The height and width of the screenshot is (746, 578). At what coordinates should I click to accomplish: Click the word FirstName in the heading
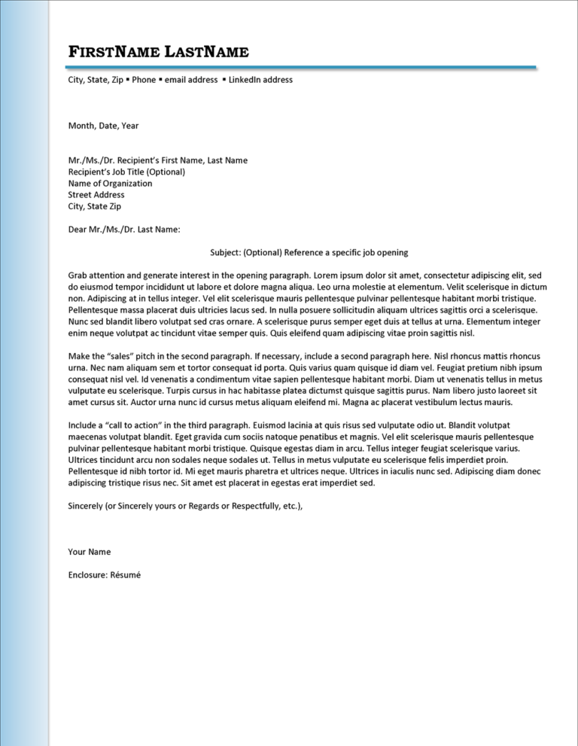point(114,52)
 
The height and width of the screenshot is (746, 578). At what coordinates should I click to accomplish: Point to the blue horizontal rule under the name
point(301,67)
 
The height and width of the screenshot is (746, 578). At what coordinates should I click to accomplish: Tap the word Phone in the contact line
point(144,80)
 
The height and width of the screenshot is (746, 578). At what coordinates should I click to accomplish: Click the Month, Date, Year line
point(103,126)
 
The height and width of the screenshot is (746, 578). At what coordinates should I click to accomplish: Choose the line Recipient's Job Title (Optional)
point(126,172)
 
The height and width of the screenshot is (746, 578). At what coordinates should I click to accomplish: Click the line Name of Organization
point(110,183)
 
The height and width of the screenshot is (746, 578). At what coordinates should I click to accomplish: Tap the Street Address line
point(96,194)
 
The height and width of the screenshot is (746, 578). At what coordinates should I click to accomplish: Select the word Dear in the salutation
point(78,229)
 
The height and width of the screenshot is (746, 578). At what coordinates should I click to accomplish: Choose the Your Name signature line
point(89,552)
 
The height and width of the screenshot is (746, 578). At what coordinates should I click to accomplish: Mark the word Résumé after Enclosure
point(125,574)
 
